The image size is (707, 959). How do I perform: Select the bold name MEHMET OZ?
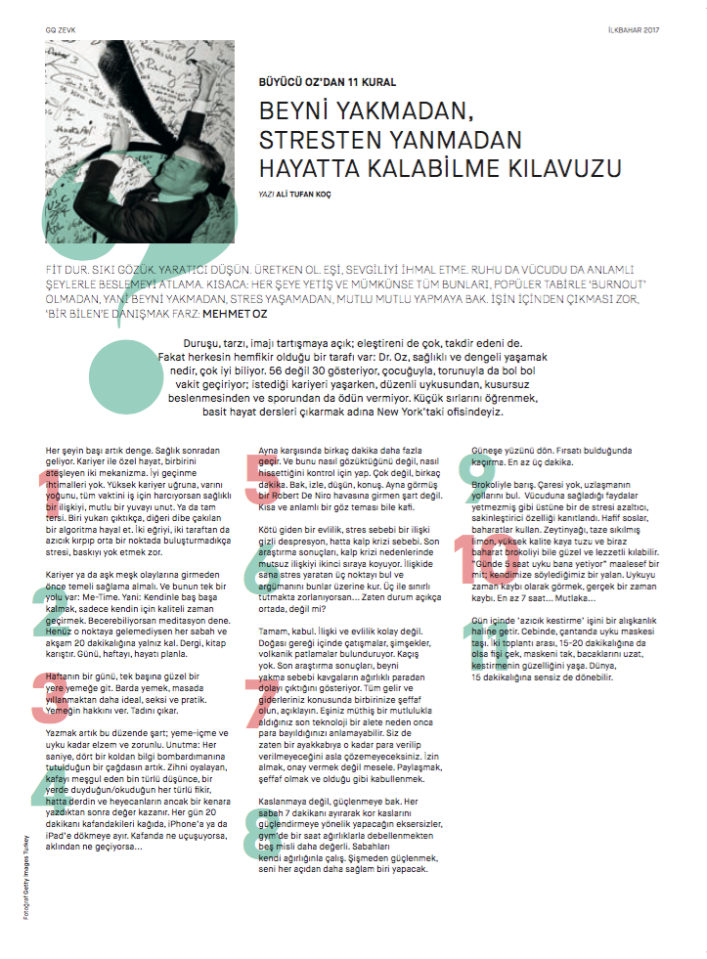click(x=236, y=315)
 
